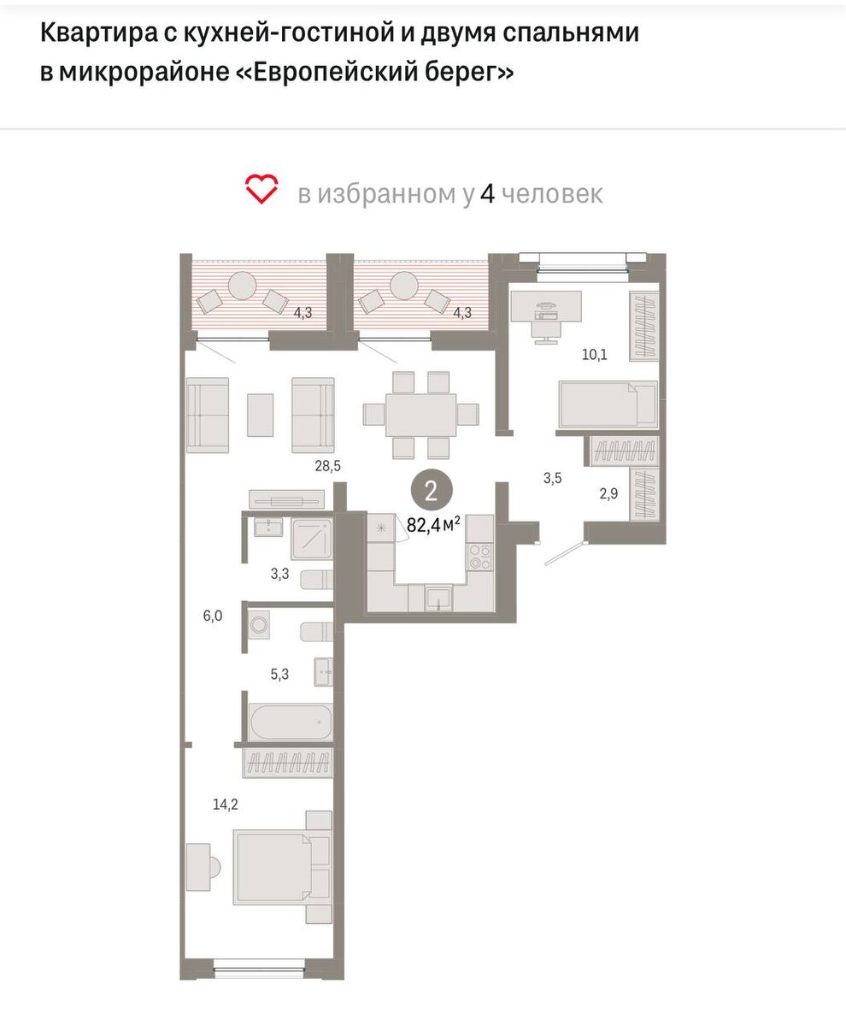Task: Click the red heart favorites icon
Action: pos(261,189)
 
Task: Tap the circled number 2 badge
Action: pos(431,491)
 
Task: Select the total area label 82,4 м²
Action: pos(433,525)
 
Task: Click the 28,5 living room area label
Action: pos(327,465)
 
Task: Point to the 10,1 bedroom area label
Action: pos(595,354)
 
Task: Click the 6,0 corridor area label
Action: pos(213,616)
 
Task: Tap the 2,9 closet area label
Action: pos(608,492)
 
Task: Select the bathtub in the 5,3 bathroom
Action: pos(290,722)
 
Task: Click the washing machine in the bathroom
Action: pos(258,624)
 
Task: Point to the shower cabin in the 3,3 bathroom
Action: pos(311,539)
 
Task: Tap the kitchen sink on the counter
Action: pos(438,598)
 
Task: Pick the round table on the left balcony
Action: pos(242,286)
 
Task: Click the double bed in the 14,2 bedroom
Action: pos(281,867)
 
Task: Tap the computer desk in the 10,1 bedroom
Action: pos(546,307)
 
